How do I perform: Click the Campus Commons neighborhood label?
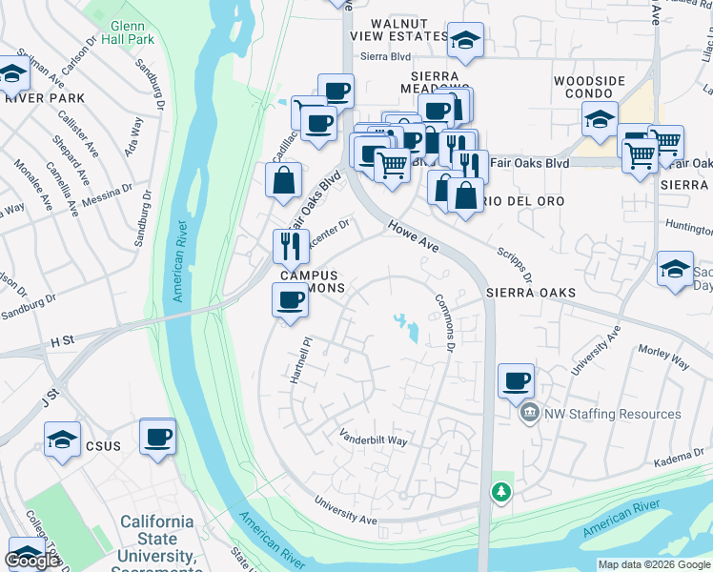pyautogui.click(x=311, y=280)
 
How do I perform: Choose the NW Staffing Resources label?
pyautogui.click(x=612, y=414)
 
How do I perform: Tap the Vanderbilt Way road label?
pyautogui.click(x=375, y=438)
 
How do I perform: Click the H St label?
pyautogui.click(x=62, y=339)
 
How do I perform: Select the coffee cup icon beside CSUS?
pyautogui.click(x=157, y=437)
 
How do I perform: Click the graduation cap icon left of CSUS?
pyautogui.click(x=62, y=439)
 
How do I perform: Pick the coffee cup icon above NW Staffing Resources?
pyautogui.click(x=516, y=381)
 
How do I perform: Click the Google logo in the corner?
pyautogui.click(x=32, y=561)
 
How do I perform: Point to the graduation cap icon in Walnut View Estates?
pyautogui.click(x=465, y=40)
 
